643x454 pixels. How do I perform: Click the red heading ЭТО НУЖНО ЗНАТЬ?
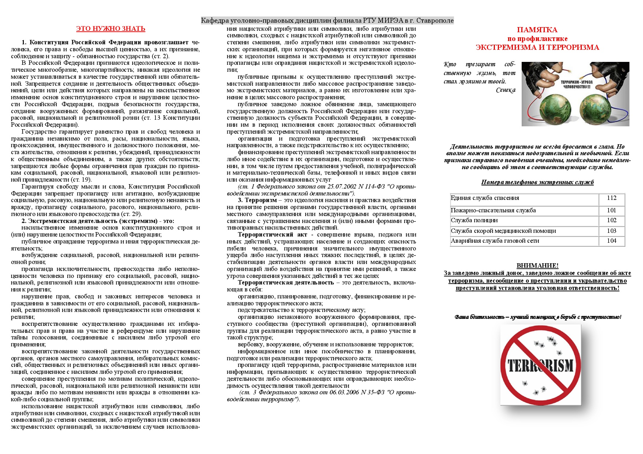(x=111, y=29)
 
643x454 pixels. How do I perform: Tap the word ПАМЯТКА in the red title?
(x=537, y=30)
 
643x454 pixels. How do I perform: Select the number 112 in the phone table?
(x=611, y=198)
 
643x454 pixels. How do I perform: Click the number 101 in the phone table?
(x=611, y=211)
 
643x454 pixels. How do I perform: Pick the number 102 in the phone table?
(x=611, y=220)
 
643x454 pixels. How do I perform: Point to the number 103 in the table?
(x=611, y=231)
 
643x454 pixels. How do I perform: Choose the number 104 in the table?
(x=611, y=241)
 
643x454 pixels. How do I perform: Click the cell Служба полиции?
(x=474, y=220)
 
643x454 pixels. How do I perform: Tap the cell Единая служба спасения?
(x=485, y=198)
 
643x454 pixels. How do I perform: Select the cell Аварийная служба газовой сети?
(x=495, y=241)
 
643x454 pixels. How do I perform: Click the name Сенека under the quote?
(x=506, y=90)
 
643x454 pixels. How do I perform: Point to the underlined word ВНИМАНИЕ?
(x=537, y=266)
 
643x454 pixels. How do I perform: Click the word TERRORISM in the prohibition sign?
(x=540, y=365)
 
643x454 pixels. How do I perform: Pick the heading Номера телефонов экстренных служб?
(x=537, y=182)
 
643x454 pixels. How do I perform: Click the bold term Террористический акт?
(x=271, y=235)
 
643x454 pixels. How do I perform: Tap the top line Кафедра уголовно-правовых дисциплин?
(x=327, y=21)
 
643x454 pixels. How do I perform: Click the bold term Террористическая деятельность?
(x=286, y=283)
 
